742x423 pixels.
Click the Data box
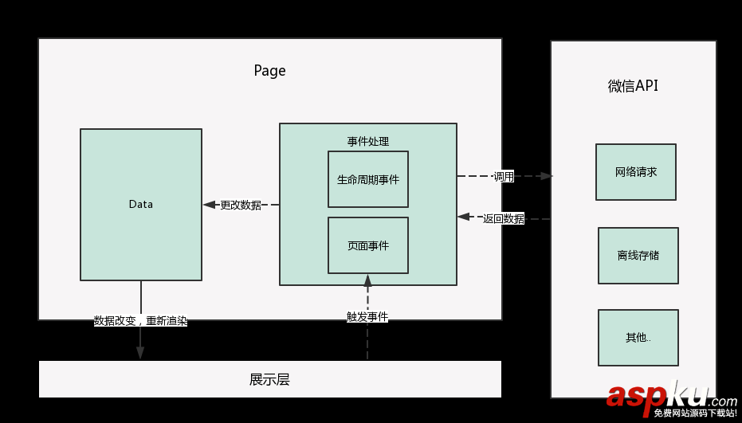coord(140,205)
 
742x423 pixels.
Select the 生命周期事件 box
coord(367,179)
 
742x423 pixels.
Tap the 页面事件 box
coord(367,245)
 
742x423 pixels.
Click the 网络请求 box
coord(635,172)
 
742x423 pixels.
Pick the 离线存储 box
coord(638,256)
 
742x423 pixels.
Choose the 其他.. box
coord(638,338)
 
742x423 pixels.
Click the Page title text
coord(269,71)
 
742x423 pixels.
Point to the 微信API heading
coord(633,86)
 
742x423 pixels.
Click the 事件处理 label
coord(367,141)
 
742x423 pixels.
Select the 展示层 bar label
coord(269,379)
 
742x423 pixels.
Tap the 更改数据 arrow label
coord(241,205)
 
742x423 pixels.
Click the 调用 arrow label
coord(503,176)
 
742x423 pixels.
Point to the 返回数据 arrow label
coord(503,218)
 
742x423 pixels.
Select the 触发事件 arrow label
coord(367,316)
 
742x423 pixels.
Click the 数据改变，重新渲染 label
coord(140,321)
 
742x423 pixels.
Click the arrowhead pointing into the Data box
coord(209,205)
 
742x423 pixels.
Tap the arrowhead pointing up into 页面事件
coord(367,280)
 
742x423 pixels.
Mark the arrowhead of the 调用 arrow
coord(546,176)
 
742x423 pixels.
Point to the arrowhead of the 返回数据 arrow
coord(463,216)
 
